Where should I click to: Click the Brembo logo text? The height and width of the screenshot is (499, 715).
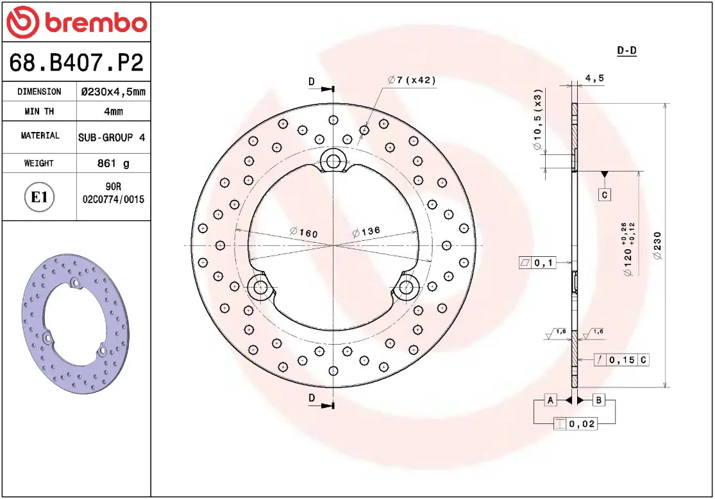[x=95, y=22]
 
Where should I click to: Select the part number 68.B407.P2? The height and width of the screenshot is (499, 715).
[x=76, y=63]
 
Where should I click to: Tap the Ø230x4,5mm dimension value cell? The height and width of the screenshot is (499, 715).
[x=114, y=92]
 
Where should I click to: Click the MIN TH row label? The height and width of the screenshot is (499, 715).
[x=40, y=111]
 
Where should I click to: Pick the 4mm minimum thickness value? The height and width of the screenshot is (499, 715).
[x=114, y=111]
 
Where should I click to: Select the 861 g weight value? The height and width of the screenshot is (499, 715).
[x=114, y=163]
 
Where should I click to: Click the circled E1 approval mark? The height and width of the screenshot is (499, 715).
[x=40, y=197]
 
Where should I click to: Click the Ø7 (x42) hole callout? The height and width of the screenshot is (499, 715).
[x=412, y=80]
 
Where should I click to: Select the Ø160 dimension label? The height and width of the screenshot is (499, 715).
[x=304, y=233]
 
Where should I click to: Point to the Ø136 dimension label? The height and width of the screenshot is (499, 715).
[x=366, y=232]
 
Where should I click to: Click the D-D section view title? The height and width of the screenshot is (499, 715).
[x=627, y=51]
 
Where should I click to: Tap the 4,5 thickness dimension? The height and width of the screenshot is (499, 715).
[x=594, y=79]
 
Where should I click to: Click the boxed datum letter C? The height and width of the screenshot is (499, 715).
[x=604, y=194]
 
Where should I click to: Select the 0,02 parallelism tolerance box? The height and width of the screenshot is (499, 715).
[x=575, y=423]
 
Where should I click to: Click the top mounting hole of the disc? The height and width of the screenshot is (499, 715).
[x=333, y=161]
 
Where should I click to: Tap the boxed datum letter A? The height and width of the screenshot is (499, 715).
[x=550, y=400]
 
